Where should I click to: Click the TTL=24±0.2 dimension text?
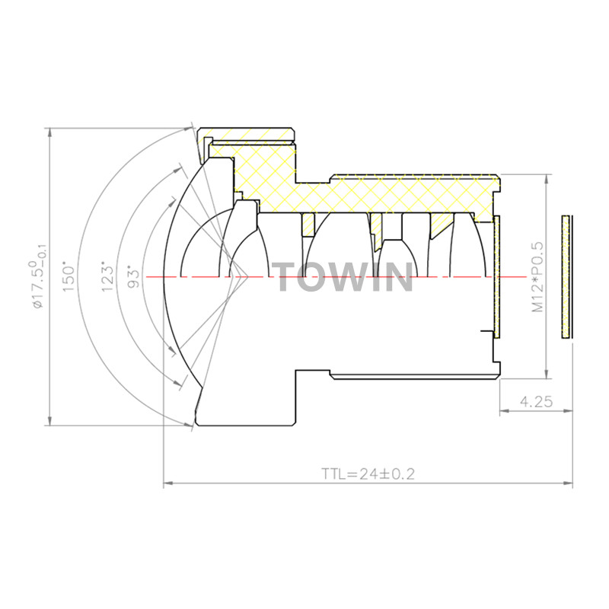(368, 473)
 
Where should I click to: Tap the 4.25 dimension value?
(536, 401)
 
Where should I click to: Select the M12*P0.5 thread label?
(537, 277)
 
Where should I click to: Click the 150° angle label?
(68, 279)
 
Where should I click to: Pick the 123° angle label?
(107, 279)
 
